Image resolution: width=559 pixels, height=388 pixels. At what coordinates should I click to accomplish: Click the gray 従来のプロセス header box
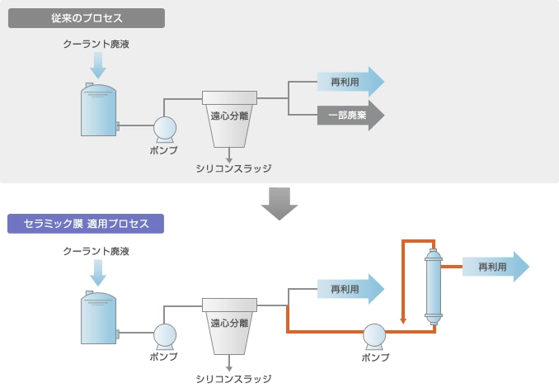pyautogui.click(x=86, y=18)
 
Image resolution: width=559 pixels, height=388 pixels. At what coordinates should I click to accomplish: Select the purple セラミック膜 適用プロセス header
pyautogui.click(x=86, y=224)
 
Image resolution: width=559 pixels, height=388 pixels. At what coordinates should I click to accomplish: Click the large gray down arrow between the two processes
pyautogui.click(x=279, y=203)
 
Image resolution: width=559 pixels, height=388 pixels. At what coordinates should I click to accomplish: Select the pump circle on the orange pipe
pyautogui.click(x=375, y=334)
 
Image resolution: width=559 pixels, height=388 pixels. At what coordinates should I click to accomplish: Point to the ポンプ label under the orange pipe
pyautogui.click(x=375, y=357)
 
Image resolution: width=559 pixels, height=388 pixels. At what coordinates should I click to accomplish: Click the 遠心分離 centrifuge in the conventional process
pyautogui.click(x=229, y=116)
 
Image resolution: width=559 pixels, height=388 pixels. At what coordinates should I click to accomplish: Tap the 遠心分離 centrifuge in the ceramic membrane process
pyautogui.click(x=229, y=322)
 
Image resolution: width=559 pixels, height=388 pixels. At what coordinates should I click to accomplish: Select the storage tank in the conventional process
pyautogui.click(x=98, y=111)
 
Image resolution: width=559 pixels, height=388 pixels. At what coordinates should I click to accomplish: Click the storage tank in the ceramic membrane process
pyautogui.click(x=98, y=319)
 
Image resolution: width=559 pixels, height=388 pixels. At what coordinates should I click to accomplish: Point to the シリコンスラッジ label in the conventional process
pyautogui.click(x=233, y=168)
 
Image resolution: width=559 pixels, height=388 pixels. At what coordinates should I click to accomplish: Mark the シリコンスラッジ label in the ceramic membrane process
pyautogui.click(x=233, y=378)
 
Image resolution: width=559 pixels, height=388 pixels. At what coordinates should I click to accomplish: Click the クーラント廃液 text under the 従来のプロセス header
pyautogui.click(x=96, y=44)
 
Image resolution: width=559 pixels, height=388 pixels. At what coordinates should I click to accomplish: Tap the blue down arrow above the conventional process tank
pyautogui.click(x=98, y=64)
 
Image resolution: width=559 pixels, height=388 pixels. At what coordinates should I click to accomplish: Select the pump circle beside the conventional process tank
pyautogui.click(x=164, y=127)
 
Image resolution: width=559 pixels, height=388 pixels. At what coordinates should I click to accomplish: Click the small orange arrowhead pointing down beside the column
pyautogui.click(x=402, y=319)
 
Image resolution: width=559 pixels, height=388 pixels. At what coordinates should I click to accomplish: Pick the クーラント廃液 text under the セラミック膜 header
pyautogui.click(x=96, y=250)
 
